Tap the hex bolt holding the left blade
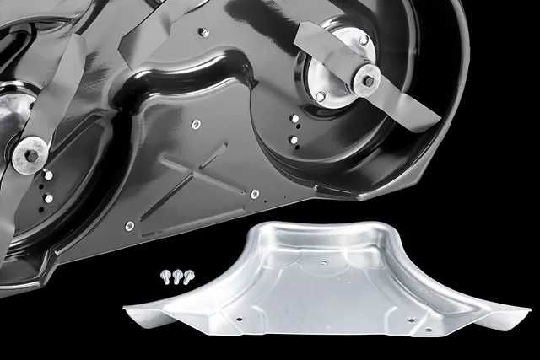click(x=32, y=156)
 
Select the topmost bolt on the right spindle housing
click(x=364, y=40)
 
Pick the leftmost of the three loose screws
click(x=165, y=276)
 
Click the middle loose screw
click(x=176, y=275)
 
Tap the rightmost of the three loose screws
click(x=188, y=274)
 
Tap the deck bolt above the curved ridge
click(x=203, y=32)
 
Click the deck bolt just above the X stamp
click(x=196, y=124)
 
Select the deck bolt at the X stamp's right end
click(x=255, y=194)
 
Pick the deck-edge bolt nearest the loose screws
click(x=129, y=226)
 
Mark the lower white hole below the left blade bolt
click(x=48, y=198)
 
